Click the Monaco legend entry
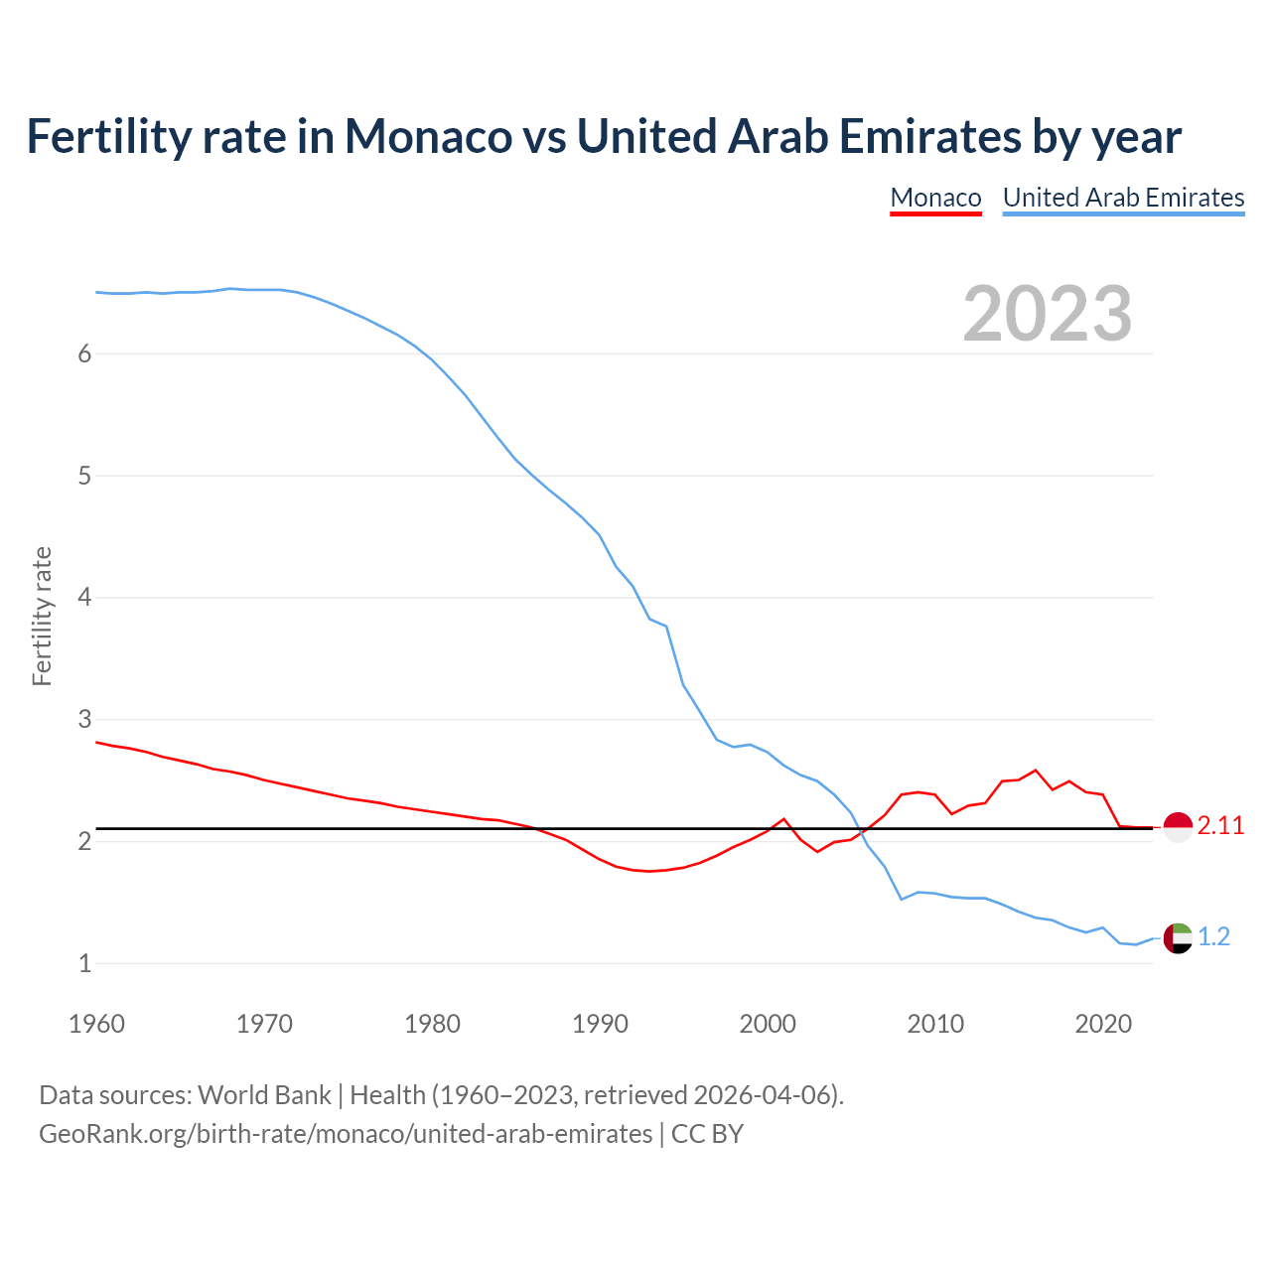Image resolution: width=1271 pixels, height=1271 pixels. tap(935, 198)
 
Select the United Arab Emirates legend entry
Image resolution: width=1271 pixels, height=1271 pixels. tap(1123, 198)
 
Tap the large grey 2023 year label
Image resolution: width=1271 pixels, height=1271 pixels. tap(1047, 314)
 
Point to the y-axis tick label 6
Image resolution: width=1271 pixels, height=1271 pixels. tap(84, 354)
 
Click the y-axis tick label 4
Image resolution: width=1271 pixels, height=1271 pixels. tap(84, 598)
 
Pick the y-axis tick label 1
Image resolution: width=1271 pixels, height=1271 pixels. tap(84, 963)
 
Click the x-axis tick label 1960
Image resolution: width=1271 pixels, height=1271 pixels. tap(96, 1024)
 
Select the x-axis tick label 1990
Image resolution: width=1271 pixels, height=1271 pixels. tap(600, 1024)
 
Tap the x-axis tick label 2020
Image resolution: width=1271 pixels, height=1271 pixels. tap(1103, 1024)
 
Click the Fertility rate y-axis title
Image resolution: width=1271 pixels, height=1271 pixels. tap(42, 616)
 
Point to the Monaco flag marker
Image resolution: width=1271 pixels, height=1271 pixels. tap(1178, 826)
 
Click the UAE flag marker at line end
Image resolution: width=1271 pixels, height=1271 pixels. tap(1178, 937)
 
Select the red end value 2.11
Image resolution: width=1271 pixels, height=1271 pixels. tap(1220, 826)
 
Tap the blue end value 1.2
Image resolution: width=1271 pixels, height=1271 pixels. tap(1213, 937)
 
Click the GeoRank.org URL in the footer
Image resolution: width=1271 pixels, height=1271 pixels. tap(345, 1134)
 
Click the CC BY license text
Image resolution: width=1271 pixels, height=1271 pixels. tap(707, 1134)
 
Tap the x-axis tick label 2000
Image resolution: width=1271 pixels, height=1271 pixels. tap(768, 1024)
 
